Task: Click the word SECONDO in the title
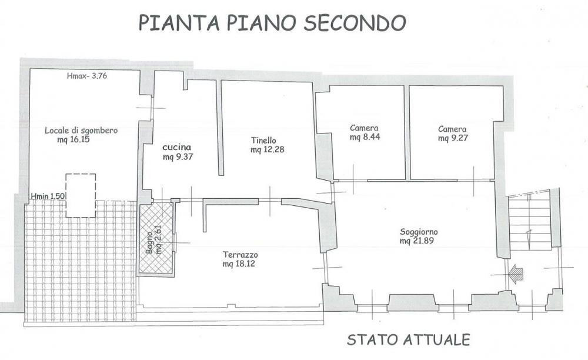point(355,22)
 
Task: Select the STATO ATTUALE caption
point(409,339)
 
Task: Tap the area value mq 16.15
point(73,139)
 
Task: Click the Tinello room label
point(263,141)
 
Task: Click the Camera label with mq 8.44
point(364,128)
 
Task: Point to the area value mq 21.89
point(418,241)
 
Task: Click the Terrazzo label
point(240,255)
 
